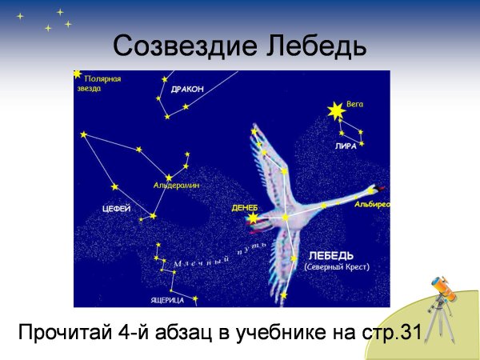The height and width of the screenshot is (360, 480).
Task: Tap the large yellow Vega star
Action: click(335, 110)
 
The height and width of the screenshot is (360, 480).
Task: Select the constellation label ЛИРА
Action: click(346, 146)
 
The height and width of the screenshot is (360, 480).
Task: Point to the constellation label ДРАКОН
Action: click(187, 89)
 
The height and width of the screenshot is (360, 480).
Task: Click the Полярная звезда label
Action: click(102, 83)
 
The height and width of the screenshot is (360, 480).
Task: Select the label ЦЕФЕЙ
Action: click(117, 208)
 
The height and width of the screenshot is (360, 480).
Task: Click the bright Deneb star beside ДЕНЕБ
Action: click(254, 217)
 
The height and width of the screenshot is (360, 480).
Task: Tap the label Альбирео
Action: click(371, 205)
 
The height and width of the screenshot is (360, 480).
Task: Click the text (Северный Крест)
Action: click(337, 268)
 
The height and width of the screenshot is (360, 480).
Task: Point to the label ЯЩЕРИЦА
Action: click(167, 300)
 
